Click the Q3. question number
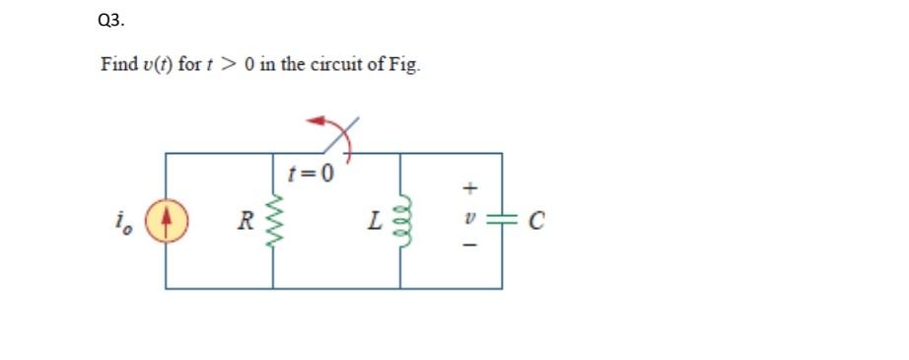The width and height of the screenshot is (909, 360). coord(112,19)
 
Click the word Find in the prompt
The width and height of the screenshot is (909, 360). coord(117,65)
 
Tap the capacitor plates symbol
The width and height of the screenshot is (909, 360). coord(502,221)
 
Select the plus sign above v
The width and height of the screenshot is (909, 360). coord(471,185)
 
